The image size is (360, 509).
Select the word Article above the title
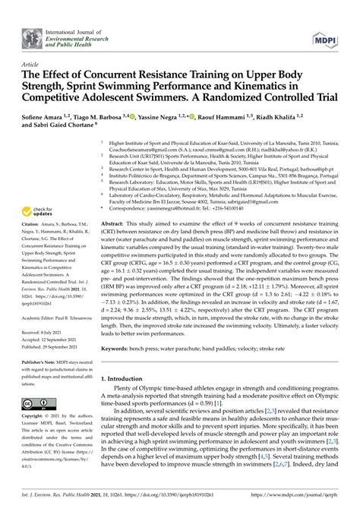(32, 65)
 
